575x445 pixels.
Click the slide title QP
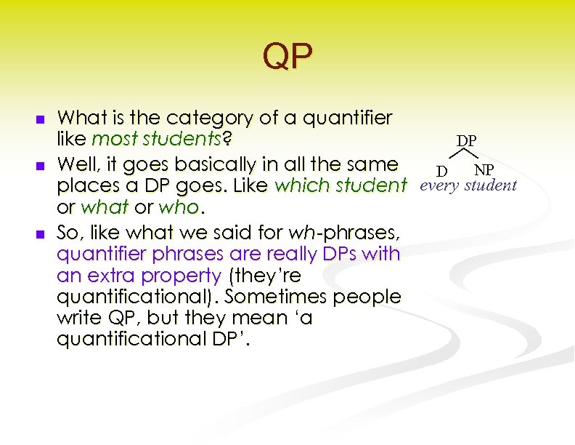point(287,57)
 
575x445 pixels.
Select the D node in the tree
point(441,171)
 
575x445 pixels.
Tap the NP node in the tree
point(484,170)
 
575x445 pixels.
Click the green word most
point(111,139)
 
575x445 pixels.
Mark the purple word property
point(184,276)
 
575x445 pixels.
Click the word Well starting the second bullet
point(77,163)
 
